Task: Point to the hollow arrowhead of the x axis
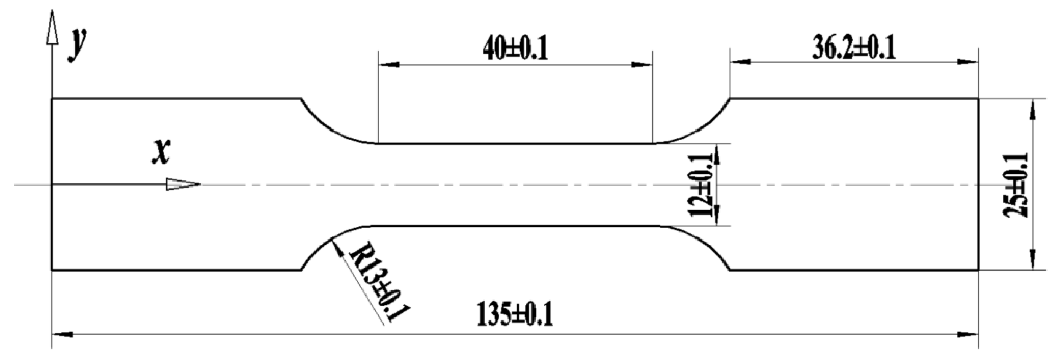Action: click(183, 184)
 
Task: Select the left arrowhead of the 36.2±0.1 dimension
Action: click(740, 62)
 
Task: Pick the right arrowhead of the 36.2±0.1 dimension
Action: click(968, 62)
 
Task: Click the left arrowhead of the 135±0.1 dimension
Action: click(62, 335)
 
